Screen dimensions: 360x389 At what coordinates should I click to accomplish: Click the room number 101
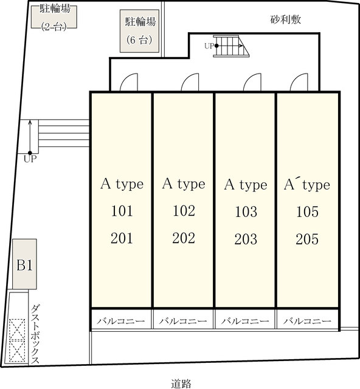coord(122,211)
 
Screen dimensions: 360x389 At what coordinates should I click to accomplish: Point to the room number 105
coord(307,212)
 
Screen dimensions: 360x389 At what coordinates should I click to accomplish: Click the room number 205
coord(307,239)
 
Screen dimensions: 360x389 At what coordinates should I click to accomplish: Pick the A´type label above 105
coord(307,184)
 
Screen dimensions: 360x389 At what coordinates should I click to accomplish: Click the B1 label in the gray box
coord(24,265)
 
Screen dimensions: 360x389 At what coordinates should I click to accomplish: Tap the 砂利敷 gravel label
coord(286,19)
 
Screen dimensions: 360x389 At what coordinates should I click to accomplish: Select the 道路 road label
coord(181,384)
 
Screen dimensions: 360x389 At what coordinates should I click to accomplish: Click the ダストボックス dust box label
coord(35,334)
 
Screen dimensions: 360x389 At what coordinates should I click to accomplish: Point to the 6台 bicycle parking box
coord(139,31)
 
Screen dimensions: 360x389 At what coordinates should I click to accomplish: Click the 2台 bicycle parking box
coord(54,16)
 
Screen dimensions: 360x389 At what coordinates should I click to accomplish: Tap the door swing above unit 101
coord(128,82)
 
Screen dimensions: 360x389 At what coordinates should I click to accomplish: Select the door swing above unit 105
coord(299,82)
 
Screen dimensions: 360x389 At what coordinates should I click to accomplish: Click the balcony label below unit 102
coord(183,321)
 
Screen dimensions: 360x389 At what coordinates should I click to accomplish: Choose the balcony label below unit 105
coord(307,321)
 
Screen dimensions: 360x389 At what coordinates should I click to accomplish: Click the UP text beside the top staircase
coord(209,46)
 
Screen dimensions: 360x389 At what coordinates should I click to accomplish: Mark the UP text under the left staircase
coord(30,159)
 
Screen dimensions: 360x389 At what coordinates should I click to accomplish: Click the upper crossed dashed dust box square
coord(18,329)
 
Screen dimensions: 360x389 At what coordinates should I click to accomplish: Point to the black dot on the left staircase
coord(30,153)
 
